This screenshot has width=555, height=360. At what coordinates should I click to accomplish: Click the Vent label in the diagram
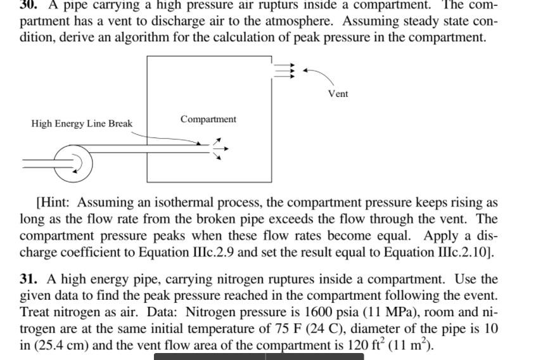[338, 94]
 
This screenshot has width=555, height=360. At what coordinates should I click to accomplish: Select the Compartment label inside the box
[208, 119]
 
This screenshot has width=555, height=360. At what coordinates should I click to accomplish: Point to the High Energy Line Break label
[82, 124]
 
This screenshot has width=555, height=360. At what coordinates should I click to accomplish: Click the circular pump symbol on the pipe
[73, 163]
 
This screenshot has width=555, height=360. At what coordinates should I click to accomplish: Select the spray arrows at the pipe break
[219, 149]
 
